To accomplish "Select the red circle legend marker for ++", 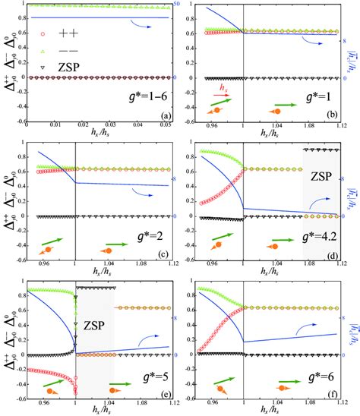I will tap(43, 34).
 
